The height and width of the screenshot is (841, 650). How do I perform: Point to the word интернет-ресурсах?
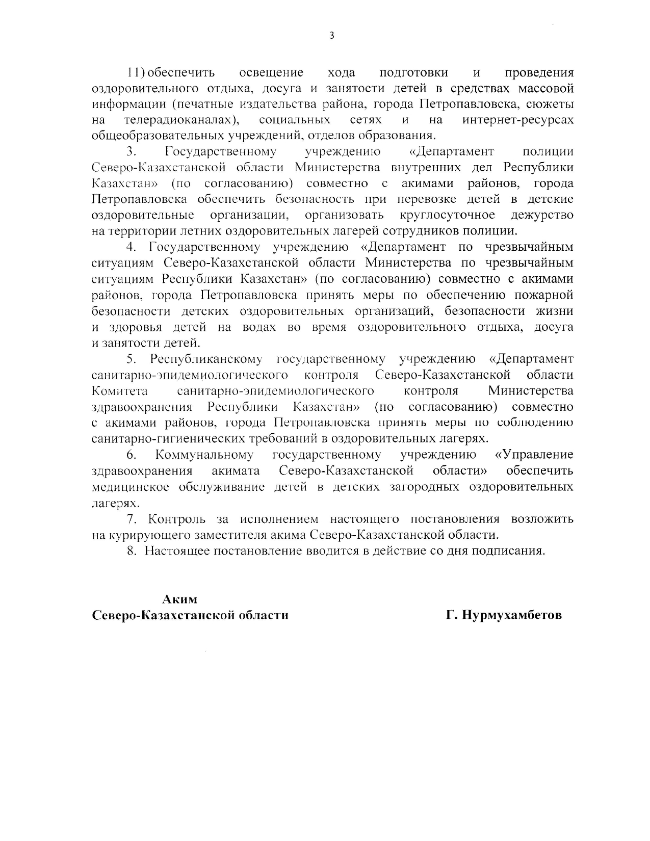coord(517,120)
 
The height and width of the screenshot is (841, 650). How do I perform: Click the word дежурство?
coord(542,215)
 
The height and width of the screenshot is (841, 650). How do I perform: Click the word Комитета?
coord(120,391)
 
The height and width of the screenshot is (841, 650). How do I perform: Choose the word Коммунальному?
coord(204,455)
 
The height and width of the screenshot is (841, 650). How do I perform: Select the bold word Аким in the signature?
coord(179,599)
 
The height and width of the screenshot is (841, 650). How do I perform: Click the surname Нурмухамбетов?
coord(511,615)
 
